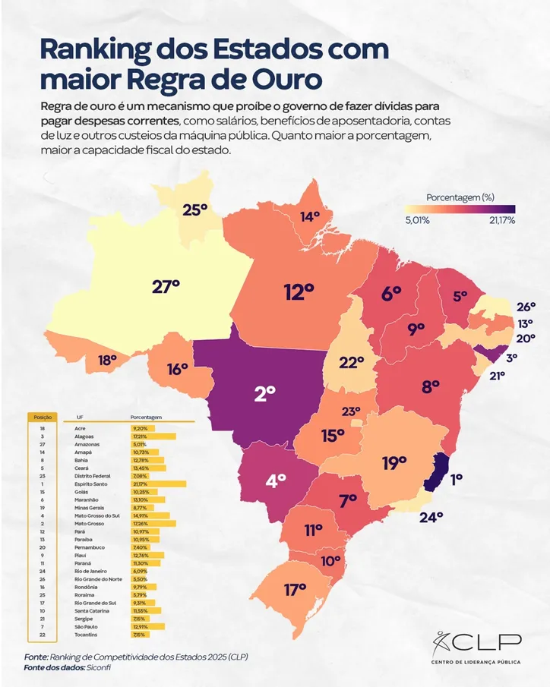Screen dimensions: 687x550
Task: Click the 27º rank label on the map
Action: point(166,287)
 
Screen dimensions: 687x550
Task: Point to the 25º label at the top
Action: point(194,210)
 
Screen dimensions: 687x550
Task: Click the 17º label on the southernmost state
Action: point(295,589)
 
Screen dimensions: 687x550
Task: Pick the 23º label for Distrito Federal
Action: point(350,412)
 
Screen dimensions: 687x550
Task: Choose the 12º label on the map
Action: point(299,291)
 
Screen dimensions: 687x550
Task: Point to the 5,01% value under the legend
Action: point(417,220)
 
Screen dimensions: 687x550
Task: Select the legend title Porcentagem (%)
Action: point(460,197)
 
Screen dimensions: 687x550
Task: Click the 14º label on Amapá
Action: point(310,216)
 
